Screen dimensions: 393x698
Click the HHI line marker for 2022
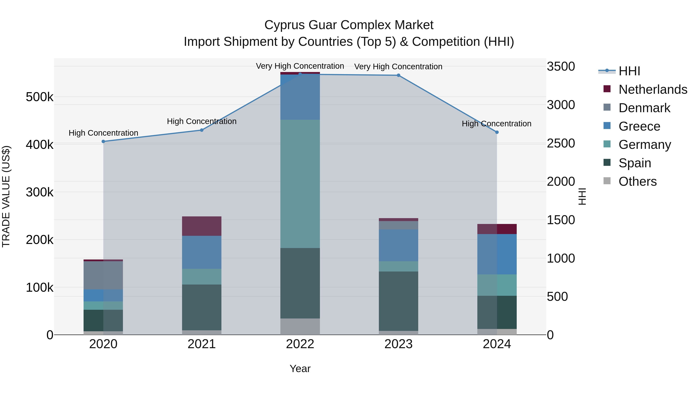pos(300,74)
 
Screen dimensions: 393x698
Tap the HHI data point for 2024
pos(497,132)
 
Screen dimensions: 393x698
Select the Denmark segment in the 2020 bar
pos(103,275)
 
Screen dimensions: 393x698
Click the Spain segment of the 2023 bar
pos(398,301)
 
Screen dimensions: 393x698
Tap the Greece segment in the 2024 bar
pos(497,254)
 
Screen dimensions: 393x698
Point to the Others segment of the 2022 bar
pos(300,327)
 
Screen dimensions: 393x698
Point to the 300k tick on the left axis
pos(40,192)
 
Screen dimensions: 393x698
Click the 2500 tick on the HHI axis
pos(561,143)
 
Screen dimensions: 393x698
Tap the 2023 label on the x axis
pos(398,344)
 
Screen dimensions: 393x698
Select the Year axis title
pos(300,369)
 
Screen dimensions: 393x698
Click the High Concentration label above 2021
pos(202,121)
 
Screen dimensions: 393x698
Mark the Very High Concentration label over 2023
pos(398,66)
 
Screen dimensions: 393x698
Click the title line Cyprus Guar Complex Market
pos(349,25)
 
